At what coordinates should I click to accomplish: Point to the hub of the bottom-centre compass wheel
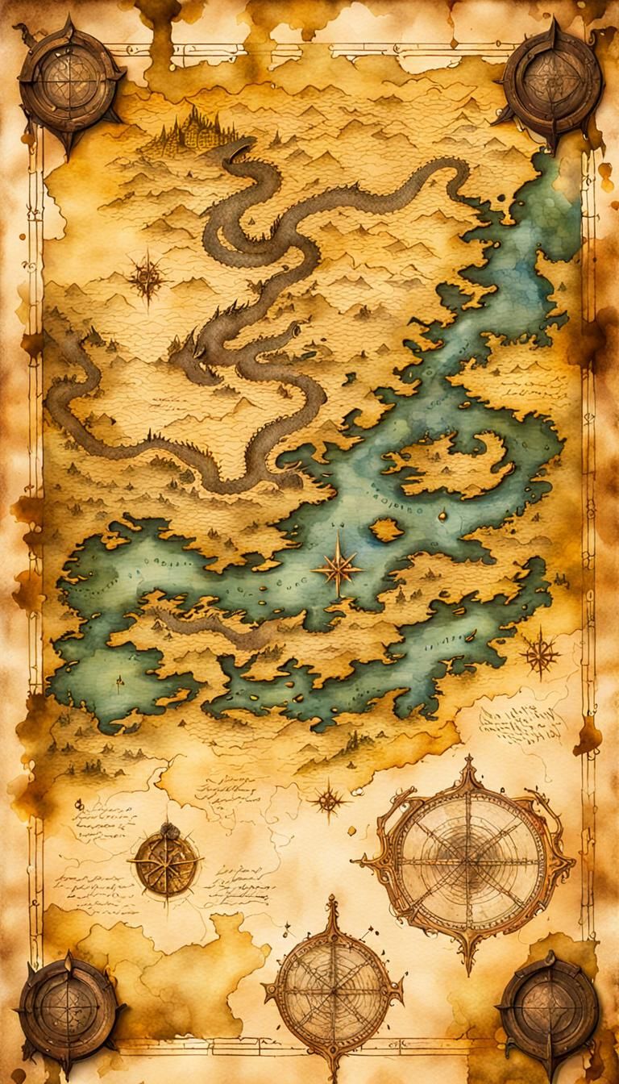[332, 990]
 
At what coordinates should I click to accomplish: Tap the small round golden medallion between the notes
[166, 861]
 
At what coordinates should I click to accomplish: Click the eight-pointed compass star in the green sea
[339, 569]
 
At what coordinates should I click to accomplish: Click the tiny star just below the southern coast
[328, 799]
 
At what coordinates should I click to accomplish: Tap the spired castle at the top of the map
[195, 129]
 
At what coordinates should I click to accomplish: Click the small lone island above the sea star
[385, 529]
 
